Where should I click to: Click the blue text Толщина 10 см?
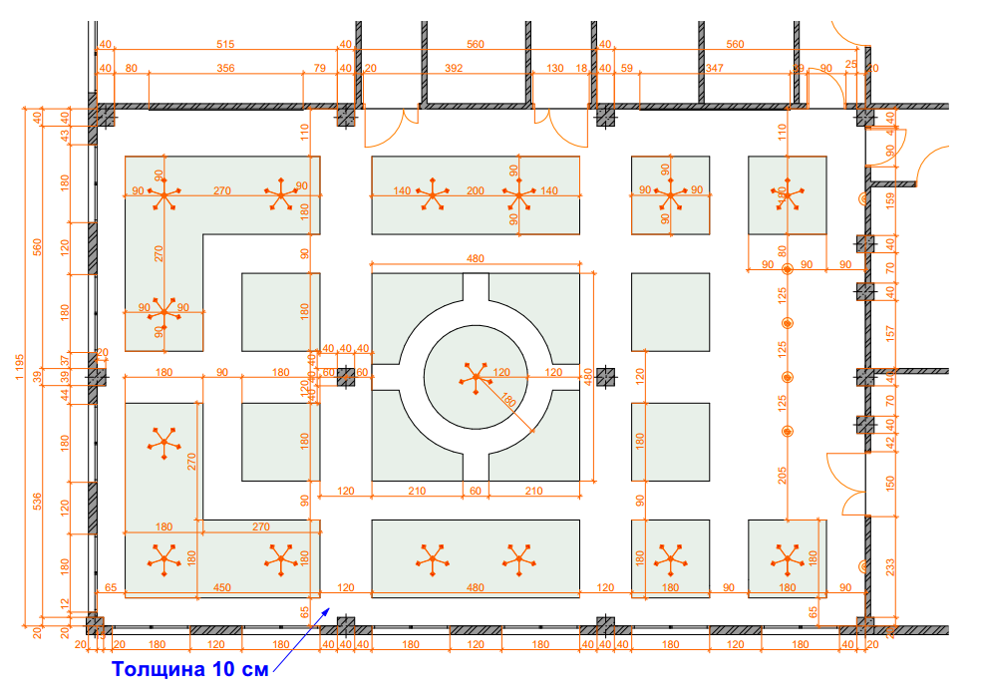point(189,669)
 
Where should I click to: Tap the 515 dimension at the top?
point(224,44)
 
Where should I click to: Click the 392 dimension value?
point(454,68)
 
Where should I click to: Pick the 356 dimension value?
point(225,68)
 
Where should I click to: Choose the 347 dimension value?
point(714,68)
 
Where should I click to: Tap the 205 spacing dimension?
point(783,476)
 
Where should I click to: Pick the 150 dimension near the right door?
point(890,483)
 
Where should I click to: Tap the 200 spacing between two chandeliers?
point(475,190)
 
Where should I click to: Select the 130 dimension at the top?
point(555,68)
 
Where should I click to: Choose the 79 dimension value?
point(320,68)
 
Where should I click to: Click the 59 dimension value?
point(627,68)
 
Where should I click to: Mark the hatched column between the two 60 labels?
point(346,376)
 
